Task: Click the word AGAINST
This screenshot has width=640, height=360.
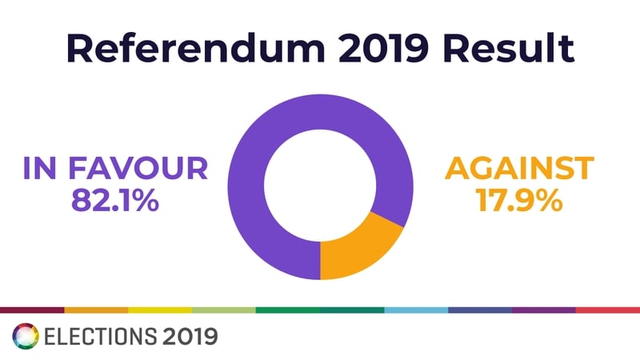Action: pyautogui.click(x=520, y=169)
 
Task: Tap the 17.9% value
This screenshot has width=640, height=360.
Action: pyautogui.click(x=520, y=200)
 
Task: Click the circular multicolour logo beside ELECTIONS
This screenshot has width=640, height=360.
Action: pyautogui.click(x=24, y=335)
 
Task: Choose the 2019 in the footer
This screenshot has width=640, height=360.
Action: pyautogui.click(x=190, y=336)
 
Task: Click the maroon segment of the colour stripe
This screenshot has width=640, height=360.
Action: pyautogui.click(x=32, y=309)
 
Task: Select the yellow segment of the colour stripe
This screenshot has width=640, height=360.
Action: pyautogui.click(x=160, y=309)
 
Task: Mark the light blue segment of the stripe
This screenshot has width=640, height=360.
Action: pyautogui.click(x=416, y=309)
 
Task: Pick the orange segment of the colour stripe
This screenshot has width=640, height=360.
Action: pyautogui.click(x=96, y=309)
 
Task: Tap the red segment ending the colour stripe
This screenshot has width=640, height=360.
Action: pyautogui.click(x=608, y=309)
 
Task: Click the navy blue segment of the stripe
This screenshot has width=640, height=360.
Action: pyautogui.click(x=480, y=309)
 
